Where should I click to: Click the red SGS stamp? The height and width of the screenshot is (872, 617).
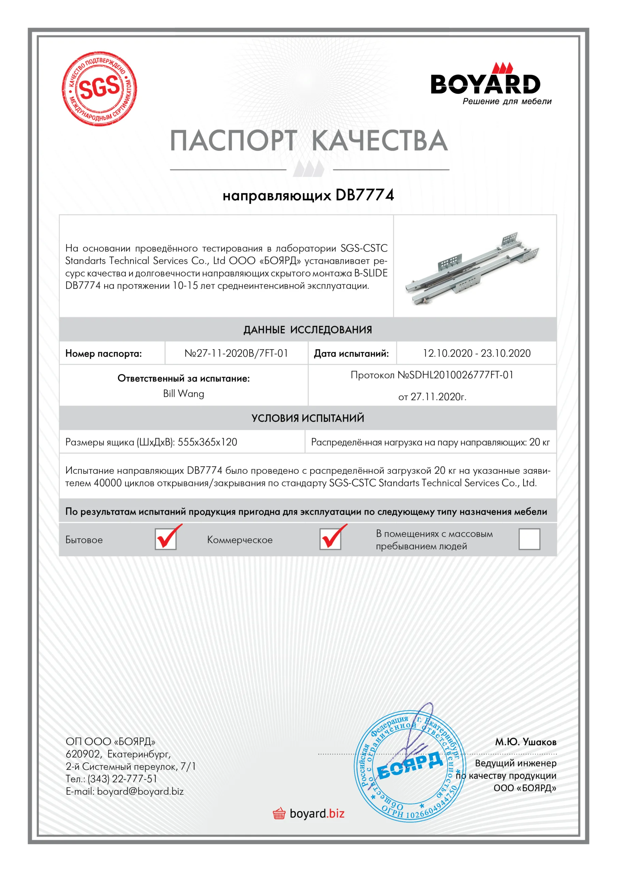pyautogui.click(x=99, y=89)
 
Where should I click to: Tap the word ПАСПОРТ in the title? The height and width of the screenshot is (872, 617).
pyautogui.click(x=233, y=141)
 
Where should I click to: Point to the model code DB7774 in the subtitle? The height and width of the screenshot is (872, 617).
pyautogui.click(x=364, y=195)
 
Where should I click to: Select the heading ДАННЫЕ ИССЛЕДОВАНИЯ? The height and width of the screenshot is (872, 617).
pyautogui.click(x=307, y=330)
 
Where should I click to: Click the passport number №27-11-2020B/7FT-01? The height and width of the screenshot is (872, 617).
pyautogui.click(x=236, y=353)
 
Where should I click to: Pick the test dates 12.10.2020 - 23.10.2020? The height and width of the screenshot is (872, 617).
pyautogui.click(x=476, y=353)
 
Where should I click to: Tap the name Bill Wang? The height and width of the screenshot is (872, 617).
pyautogui.click(x=184, y=393)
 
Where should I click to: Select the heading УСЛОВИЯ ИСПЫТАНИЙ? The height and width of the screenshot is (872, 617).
pyautogui.click(x=307, y=418)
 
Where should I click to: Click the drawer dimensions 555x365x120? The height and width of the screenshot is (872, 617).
pyautogui.click(x=207, y=442)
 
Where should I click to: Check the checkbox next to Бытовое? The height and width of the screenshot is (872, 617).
pyautogui.click(x=166, y=539)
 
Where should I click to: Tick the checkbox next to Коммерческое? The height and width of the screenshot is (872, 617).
pyautogui.click(x=330, y=539)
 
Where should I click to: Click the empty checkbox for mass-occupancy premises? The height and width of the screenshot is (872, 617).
pyautogui.click(x=529, y=539)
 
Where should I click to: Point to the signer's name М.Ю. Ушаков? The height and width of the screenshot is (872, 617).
pyautogui.click(x=525, y=742)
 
